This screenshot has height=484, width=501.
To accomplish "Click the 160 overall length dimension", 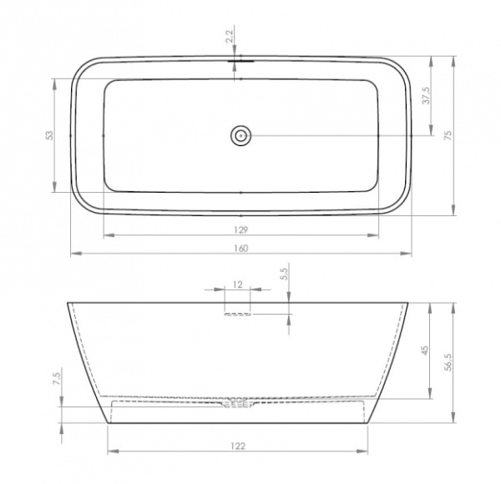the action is (x=241, y=248).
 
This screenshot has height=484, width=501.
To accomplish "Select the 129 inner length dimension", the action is (x=241, y=229).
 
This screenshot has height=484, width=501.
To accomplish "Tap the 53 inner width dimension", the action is (x=50, y=135).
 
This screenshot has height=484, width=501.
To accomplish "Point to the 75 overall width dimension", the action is (x=448, y=135).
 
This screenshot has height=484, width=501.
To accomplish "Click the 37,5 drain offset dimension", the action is (x=427, y=95).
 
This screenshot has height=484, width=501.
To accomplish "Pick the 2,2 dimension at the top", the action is (x=230, y=36).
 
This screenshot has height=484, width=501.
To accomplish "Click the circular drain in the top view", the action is (x=240, y=136).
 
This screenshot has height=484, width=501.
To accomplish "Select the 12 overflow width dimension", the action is (x=237, y=285).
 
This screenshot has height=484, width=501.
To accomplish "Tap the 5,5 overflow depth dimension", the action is (x=285, y=274).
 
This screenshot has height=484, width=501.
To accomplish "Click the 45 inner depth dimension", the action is (x=425, y=350).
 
